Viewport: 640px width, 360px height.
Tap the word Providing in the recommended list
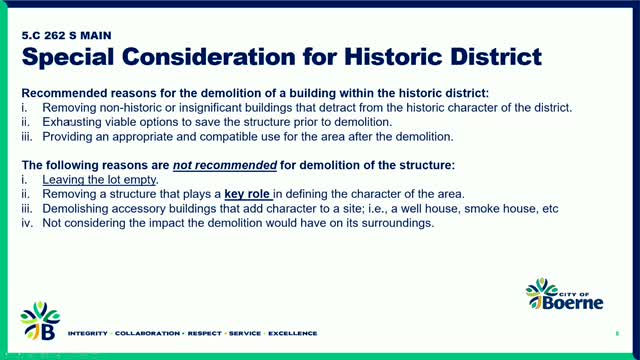66,135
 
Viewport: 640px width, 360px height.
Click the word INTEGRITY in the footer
87,333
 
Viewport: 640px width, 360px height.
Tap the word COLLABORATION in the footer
148,333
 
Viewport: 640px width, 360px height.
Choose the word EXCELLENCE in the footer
289,333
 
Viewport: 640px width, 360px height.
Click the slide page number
618,333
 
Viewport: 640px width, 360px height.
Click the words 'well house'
449,209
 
